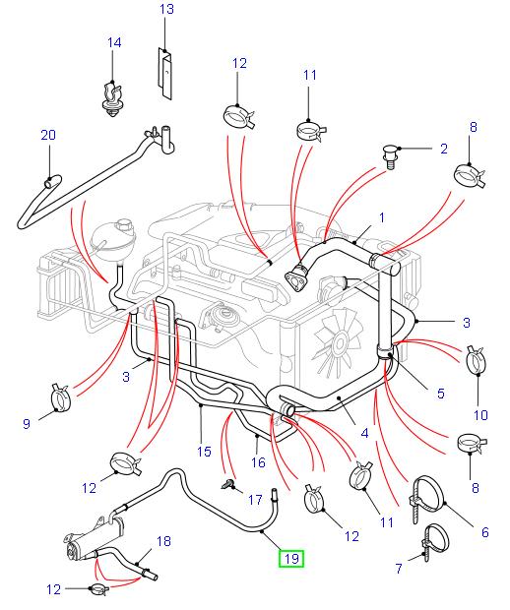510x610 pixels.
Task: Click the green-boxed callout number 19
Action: [290, 560]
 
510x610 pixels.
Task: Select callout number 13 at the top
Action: [166, 10]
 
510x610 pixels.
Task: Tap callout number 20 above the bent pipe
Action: [47, 135]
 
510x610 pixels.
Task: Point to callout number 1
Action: [382, 217]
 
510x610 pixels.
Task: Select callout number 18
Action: [162, 541]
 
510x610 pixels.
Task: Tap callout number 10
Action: [480, 413]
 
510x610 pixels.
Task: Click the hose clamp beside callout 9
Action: [64, 399]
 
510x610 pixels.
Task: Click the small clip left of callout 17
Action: [230, 483]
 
